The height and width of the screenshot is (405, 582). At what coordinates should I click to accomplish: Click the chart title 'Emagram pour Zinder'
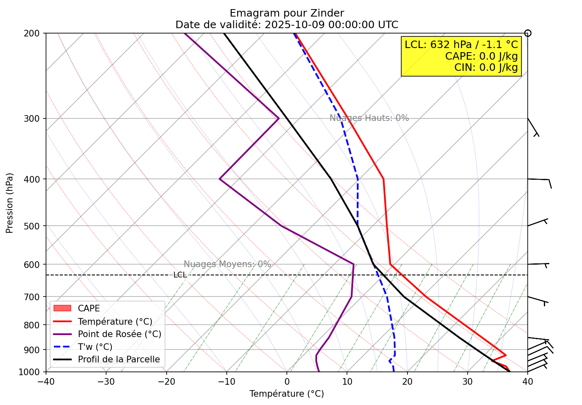tap(286, 13)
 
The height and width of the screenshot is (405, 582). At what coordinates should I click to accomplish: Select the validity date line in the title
tap(286, 25)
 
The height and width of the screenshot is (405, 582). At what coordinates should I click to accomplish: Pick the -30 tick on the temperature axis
tap(106, 381)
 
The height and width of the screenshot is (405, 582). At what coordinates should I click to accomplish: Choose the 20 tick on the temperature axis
tap(407, 381)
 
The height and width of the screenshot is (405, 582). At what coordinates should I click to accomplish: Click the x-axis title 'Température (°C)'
tap(286, 394)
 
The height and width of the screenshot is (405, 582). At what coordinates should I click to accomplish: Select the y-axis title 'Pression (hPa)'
tap(10, 203)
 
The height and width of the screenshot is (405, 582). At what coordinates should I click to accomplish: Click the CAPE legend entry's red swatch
tap(63, 309)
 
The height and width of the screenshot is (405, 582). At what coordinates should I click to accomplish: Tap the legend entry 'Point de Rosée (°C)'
tap(119, 334)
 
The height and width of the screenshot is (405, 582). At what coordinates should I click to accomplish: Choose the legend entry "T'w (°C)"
tap(95, 347)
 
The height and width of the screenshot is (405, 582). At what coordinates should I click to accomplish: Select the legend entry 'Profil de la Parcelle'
tap(119, 359)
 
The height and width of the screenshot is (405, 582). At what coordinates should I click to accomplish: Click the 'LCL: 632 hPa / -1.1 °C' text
tap(461, 45)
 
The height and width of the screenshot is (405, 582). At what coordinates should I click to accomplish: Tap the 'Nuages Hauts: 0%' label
tap(369, 118)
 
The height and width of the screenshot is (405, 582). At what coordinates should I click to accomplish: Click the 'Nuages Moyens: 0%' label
tap(227, 265)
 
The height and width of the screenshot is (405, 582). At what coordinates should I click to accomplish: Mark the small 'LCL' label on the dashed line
tap(180, 275)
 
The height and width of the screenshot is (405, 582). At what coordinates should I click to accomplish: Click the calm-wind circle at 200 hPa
tap(528, 33)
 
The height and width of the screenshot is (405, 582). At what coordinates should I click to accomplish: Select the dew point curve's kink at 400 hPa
tap(220, 179)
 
